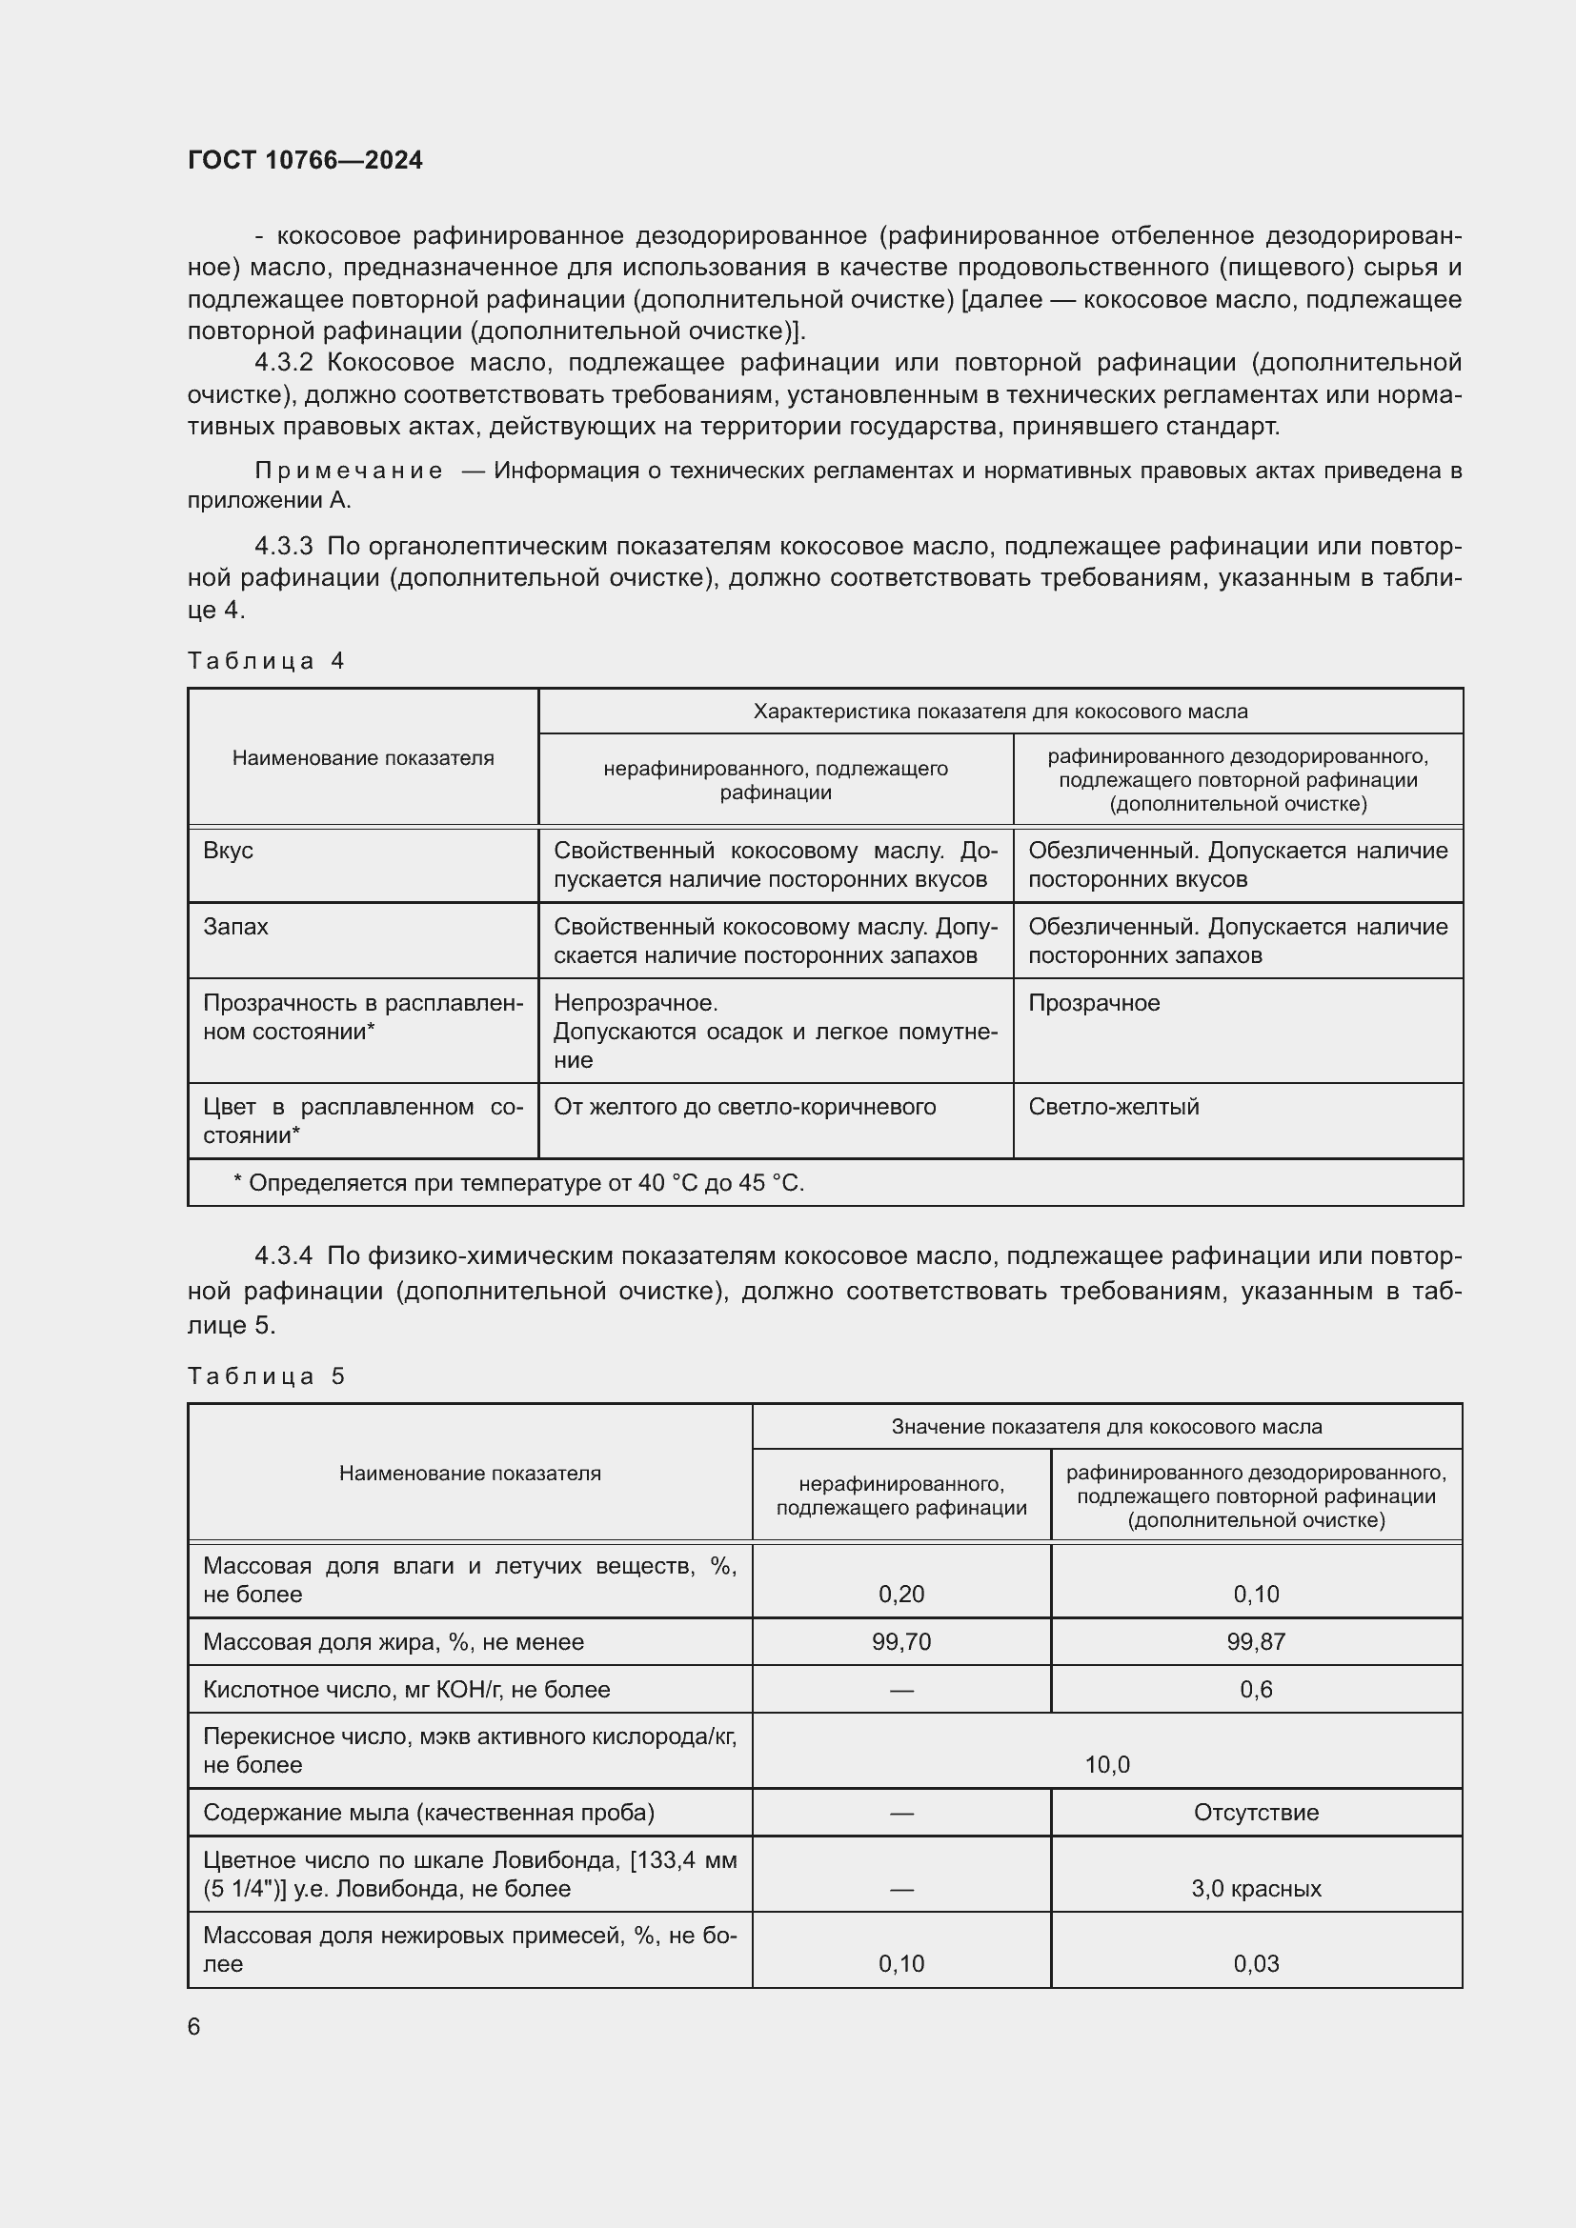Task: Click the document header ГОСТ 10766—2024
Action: coord(305,160)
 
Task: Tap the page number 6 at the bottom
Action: coord(194,2026)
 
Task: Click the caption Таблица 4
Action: coord(266,661)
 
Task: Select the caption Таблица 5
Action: coord(266,1376)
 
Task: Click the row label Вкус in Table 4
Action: coord(228,850)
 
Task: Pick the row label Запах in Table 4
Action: coord(235,926)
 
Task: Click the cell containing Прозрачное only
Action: coord(1094,1002)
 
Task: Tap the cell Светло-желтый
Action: coord(1113,1106)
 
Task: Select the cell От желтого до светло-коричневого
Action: coord(744,1106)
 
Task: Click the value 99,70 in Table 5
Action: coord(900,1642)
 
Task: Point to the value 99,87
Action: coord(1256,1642)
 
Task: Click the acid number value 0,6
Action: coord(1256,1690)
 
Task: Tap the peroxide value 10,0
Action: coord(1106,1764)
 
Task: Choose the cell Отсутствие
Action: coord(1256,1813)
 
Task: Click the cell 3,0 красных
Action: coord(1256,1888)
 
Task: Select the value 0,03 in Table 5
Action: coord(1256,1963)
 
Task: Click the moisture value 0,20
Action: coord(900,1594)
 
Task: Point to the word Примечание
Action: coord(349,471)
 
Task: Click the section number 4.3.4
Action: coord(283,1255)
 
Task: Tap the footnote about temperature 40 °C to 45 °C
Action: coord(519,1183)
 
